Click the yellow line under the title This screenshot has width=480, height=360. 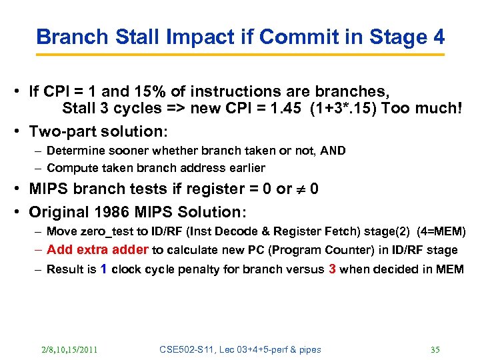(240, 54)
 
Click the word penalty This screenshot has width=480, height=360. (195, 269)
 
